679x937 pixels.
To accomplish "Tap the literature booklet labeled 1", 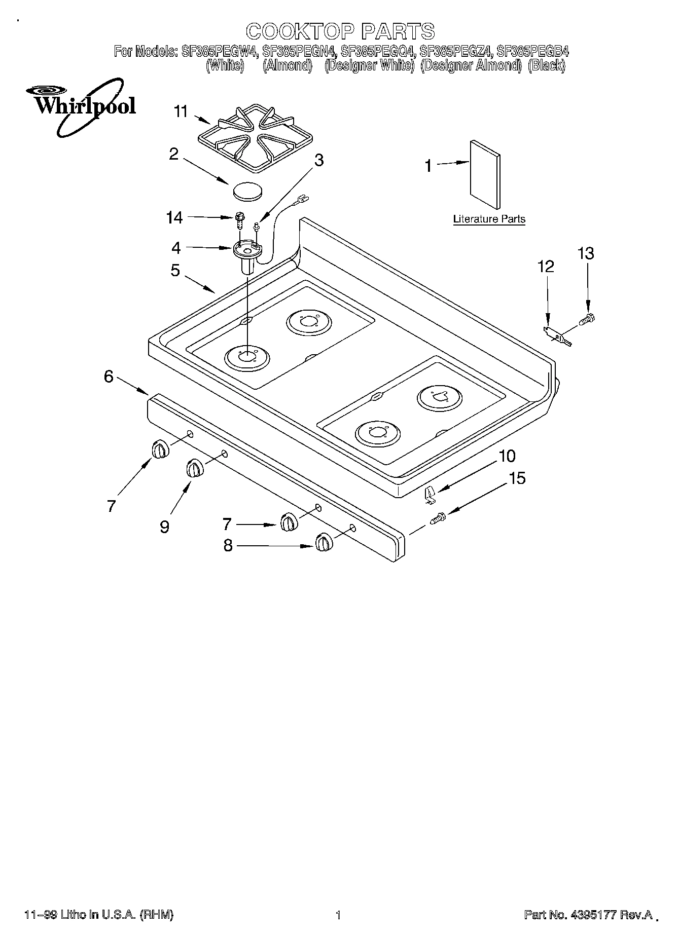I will [x=485, y=174].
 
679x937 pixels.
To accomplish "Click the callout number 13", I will [x=586, y=253].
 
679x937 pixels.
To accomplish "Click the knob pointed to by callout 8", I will [x=324, y=542].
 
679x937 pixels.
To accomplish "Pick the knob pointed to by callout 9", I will [x=194, y=468].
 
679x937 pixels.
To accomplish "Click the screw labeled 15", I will [x=438, y=518].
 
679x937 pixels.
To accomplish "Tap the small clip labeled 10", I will [x=430, y=494].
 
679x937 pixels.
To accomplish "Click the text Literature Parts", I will [x=489, y=219].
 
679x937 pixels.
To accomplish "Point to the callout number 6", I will [x=109, y=377].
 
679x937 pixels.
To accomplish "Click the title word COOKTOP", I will [x=300, y=31].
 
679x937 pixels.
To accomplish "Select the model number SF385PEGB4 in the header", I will [x=533, y=51].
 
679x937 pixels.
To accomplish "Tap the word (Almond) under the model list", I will [x=287, y=65].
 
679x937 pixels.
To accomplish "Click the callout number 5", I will [x=175, y=270].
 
